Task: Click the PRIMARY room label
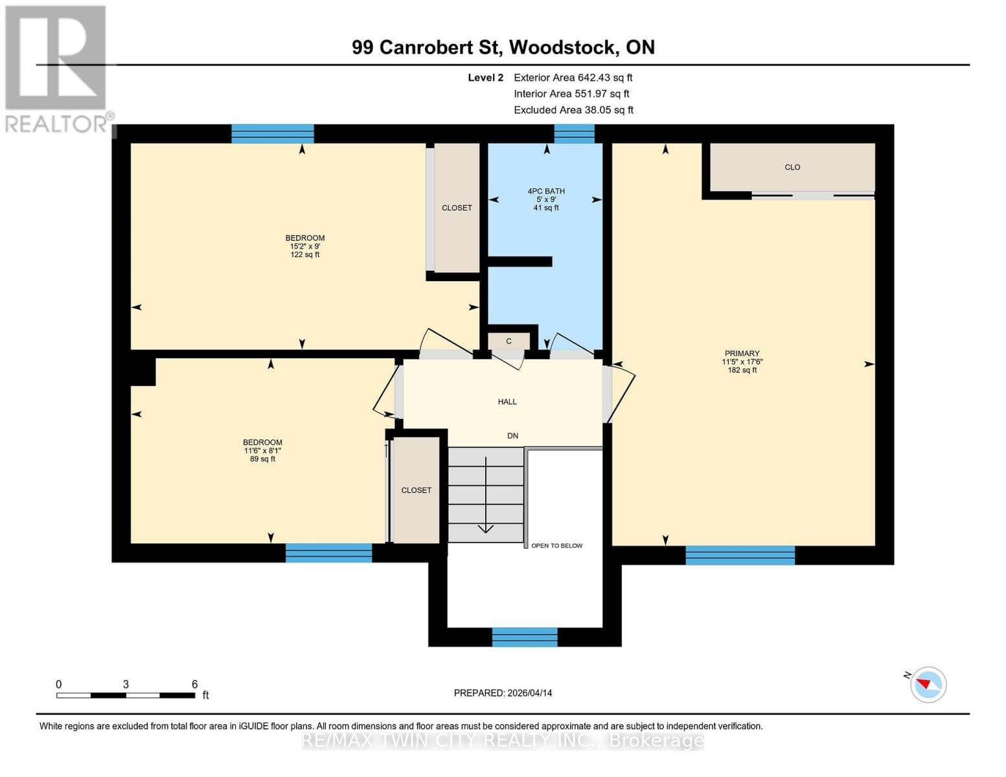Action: click(x=742, y=354)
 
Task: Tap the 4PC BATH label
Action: click(x=546, y=191)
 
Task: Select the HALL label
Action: click(x=507, y=401)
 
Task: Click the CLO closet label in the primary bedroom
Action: click(x=792, y=167)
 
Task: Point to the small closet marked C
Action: click(x=509, y=341)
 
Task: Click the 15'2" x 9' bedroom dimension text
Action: click(x=305, y=246)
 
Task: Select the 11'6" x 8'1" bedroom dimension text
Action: click(x=262, y=451)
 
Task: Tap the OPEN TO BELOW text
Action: click(x=556, y=546)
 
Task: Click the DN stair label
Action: click(x=512, y=436)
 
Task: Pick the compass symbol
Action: click(x=928, y=684)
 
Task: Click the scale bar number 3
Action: click(x=126, y=684)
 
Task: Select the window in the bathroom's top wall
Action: click(x=574, y=133)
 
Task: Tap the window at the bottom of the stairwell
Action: click(x=525, y=636)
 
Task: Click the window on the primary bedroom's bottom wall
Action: click(x=740, y=555)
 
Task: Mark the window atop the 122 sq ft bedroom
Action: click(x=273, y=133)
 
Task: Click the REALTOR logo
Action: click(x=57, y=68)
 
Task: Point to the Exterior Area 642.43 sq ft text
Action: click(x=573, y=77)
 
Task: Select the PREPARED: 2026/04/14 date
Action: click(x=503, y=693)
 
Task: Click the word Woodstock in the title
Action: click(x=562, y=47)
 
